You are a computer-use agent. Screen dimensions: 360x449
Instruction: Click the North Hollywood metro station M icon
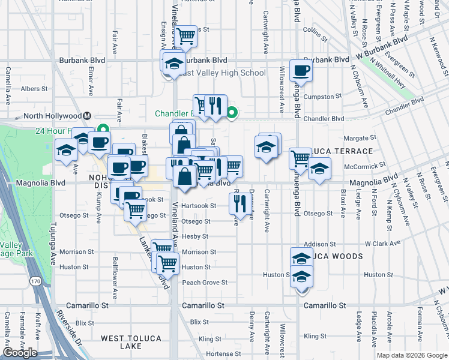coord(87,116)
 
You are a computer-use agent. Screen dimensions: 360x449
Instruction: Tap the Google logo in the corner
coord(20,353)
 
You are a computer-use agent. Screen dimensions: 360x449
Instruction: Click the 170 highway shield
coord(37,281)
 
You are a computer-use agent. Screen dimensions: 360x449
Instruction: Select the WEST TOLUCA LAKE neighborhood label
coord(131,342)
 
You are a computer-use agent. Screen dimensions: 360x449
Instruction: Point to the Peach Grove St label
coord(205,282)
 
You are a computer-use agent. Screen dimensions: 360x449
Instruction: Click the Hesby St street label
coord(194,236)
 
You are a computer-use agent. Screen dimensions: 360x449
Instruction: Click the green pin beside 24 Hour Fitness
coord(103,128)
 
